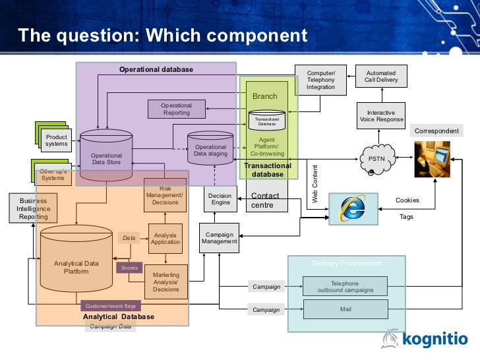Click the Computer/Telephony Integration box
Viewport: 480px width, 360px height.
click(x=320, y=79)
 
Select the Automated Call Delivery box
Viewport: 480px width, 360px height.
click(x=381, y=76)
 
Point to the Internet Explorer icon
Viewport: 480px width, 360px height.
click(x=352, y=208)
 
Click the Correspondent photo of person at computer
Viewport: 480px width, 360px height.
click(x=432, y=158)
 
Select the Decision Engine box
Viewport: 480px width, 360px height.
click(x=220, y=199)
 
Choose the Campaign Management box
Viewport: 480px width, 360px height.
click(x=220, y=238)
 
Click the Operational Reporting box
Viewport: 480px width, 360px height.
click(x=176, y=109)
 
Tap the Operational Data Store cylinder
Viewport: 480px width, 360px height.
click(x=106, y=158)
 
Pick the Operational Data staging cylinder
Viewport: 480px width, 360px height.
click(x=210, y=150)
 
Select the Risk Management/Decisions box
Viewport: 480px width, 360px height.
click(x=165, y=195)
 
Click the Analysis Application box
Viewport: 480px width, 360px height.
click(x=165, y=238)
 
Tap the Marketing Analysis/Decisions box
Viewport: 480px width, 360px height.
click(x=166, y=282)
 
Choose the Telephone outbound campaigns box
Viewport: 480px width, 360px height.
click(x=345, y=287)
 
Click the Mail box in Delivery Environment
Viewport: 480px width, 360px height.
click(x=345, y=307)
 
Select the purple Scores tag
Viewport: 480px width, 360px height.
click(x=129, y=268)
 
